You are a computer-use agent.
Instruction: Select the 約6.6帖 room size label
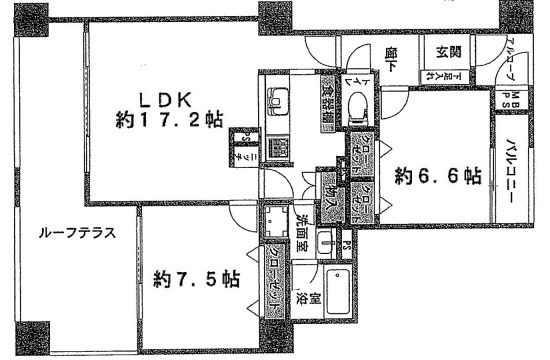click(x=437, y=177)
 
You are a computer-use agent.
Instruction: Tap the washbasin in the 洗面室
click(x=326, y=241)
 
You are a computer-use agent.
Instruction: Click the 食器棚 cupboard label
click(x=328, y=100)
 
